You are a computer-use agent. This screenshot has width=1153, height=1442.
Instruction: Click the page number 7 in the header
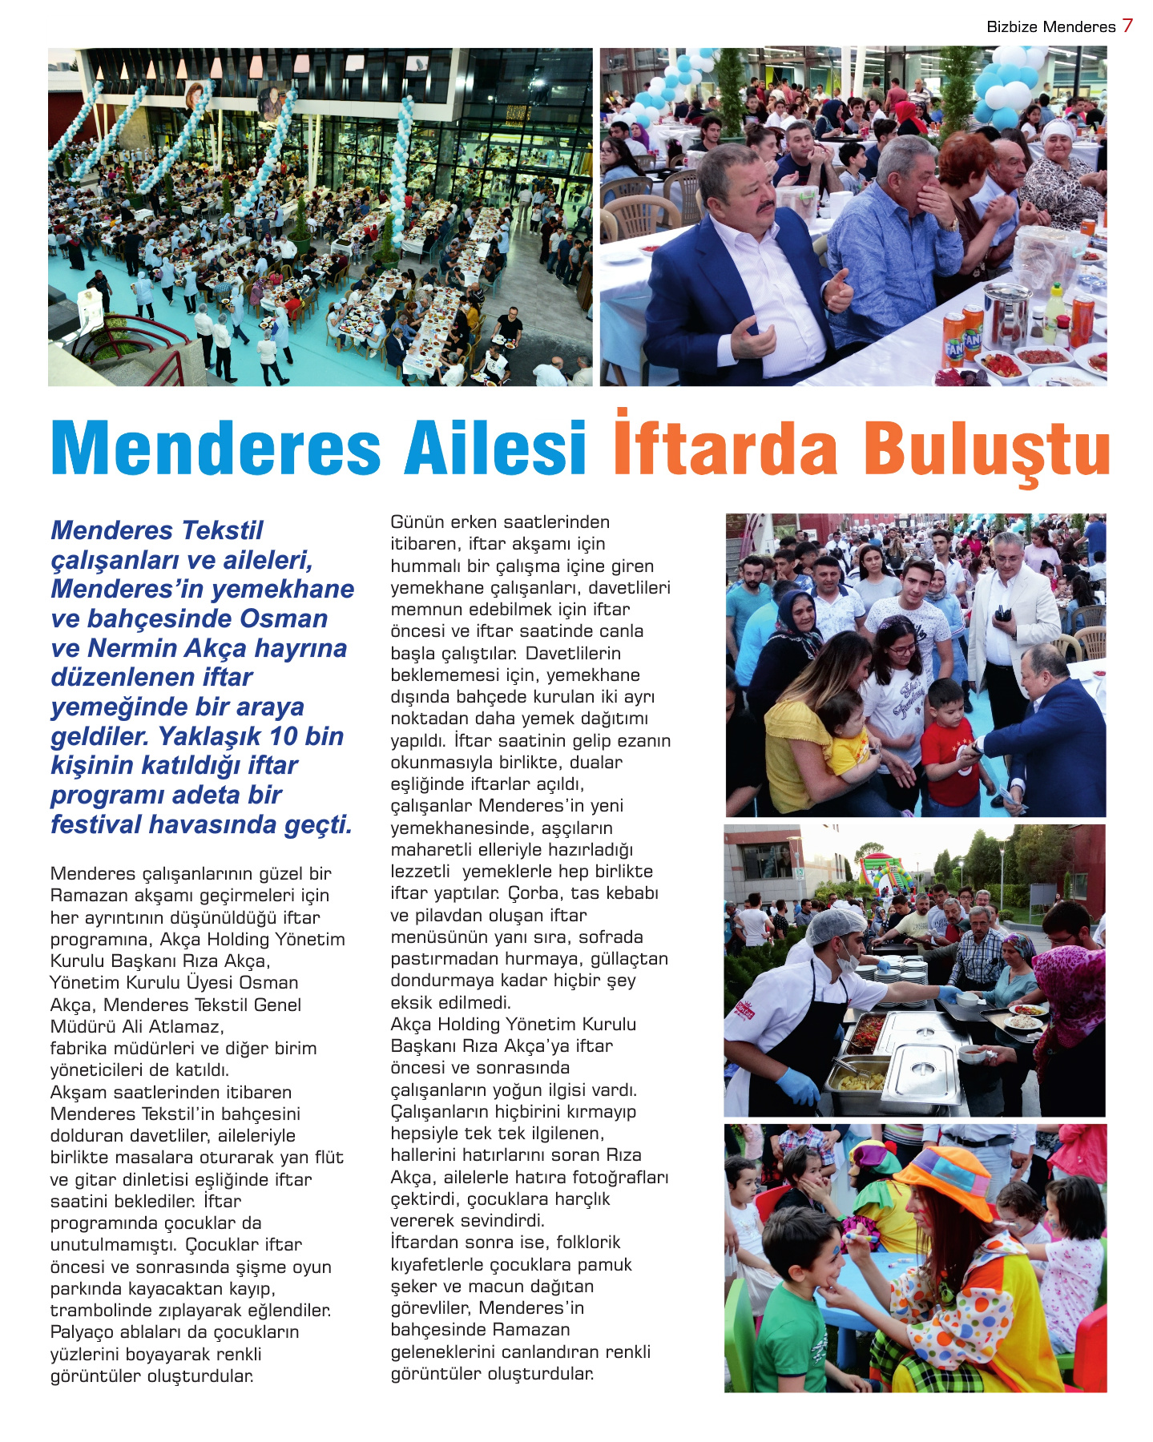1127,26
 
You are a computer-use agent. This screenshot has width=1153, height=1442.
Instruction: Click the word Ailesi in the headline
496,448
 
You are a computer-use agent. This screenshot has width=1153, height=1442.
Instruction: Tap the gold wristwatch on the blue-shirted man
953,225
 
